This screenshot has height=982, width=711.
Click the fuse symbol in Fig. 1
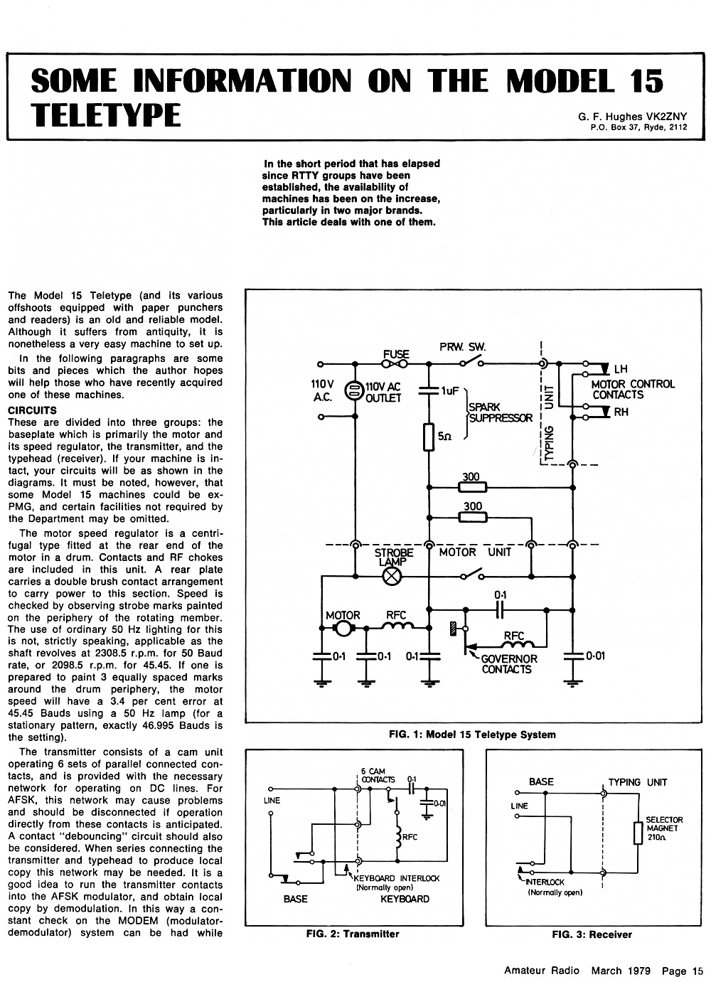(x=394, y=363)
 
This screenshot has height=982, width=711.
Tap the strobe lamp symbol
(x=392, y=577)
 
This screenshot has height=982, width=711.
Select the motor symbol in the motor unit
(x=343, y=629)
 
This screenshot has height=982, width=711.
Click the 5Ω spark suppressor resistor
(x=429, y=437)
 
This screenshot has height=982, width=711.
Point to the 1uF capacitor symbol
(x=428, y=390)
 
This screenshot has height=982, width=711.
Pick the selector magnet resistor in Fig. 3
(x=638, y=833)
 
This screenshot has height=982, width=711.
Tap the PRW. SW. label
(x=462, y=347)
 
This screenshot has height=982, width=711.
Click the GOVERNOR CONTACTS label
(x=508, y=664)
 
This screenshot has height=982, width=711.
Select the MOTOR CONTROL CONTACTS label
(x=633, y=389)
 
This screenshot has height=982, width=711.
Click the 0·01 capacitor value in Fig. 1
(x=595, y=656)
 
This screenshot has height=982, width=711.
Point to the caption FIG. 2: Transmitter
(x=353, y=934)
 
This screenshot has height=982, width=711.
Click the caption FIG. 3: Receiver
(x=592, y=934)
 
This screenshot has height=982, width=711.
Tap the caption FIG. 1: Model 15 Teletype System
(x=472, y=735)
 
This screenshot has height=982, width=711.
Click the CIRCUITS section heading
(x=33, y=410)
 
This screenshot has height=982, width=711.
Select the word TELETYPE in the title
(x=106, y=115)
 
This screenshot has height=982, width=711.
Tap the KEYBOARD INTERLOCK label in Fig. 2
(x=396, y=878)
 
